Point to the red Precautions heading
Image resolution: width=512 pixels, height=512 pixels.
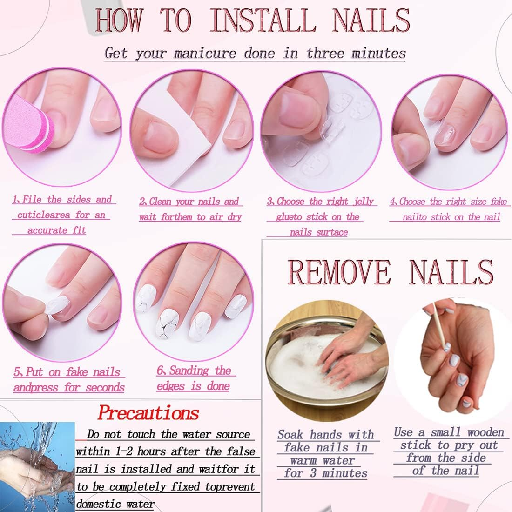(148, 412)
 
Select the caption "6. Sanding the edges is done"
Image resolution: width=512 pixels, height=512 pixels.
(195, 378)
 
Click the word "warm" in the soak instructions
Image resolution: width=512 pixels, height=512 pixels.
(306, 461)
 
